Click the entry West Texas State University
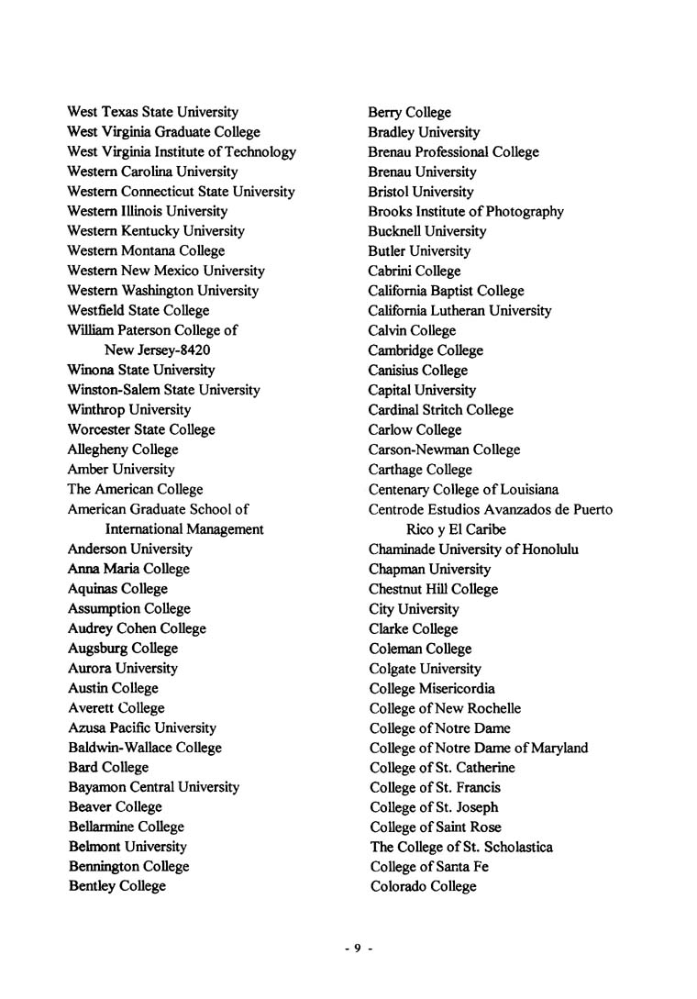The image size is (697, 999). pyautogui.click(x=152, y=112)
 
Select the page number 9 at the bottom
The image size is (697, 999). pyautogui.click(x=358, y=949)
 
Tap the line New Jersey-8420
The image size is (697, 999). pyautogui.click(x=157, y=350)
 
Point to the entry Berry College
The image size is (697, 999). pyautogui.click(x=409, y=112)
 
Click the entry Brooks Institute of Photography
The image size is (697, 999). pyautogui.click(x=466, y=211)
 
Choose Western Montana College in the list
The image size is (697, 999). pyautogui.click(x=146, y=250)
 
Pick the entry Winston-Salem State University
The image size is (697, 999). pyautogui.click(x=163, y=390)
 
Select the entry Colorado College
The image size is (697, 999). pyautogui.click(x=423, y=886)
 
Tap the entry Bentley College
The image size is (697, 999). pyautogui.click(x=116, y=886)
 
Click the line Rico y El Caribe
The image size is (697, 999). pyautogui.click(x=456, y=529)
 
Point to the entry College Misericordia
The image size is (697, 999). pyautogui.click(x=432, y=688)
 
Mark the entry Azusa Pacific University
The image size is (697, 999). pyautogui.click(x=142, y=727)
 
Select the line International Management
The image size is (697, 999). pyautogui.click(x=184, y=529)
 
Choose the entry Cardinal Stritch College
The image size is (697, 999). pyautogui.click(x=440, y=410)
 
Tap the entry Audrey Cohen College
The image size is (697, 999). pyautogui.click(x=137, y=628)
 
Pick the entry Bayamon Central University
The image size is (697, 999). pyautogui.click(x=153, y=787)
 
